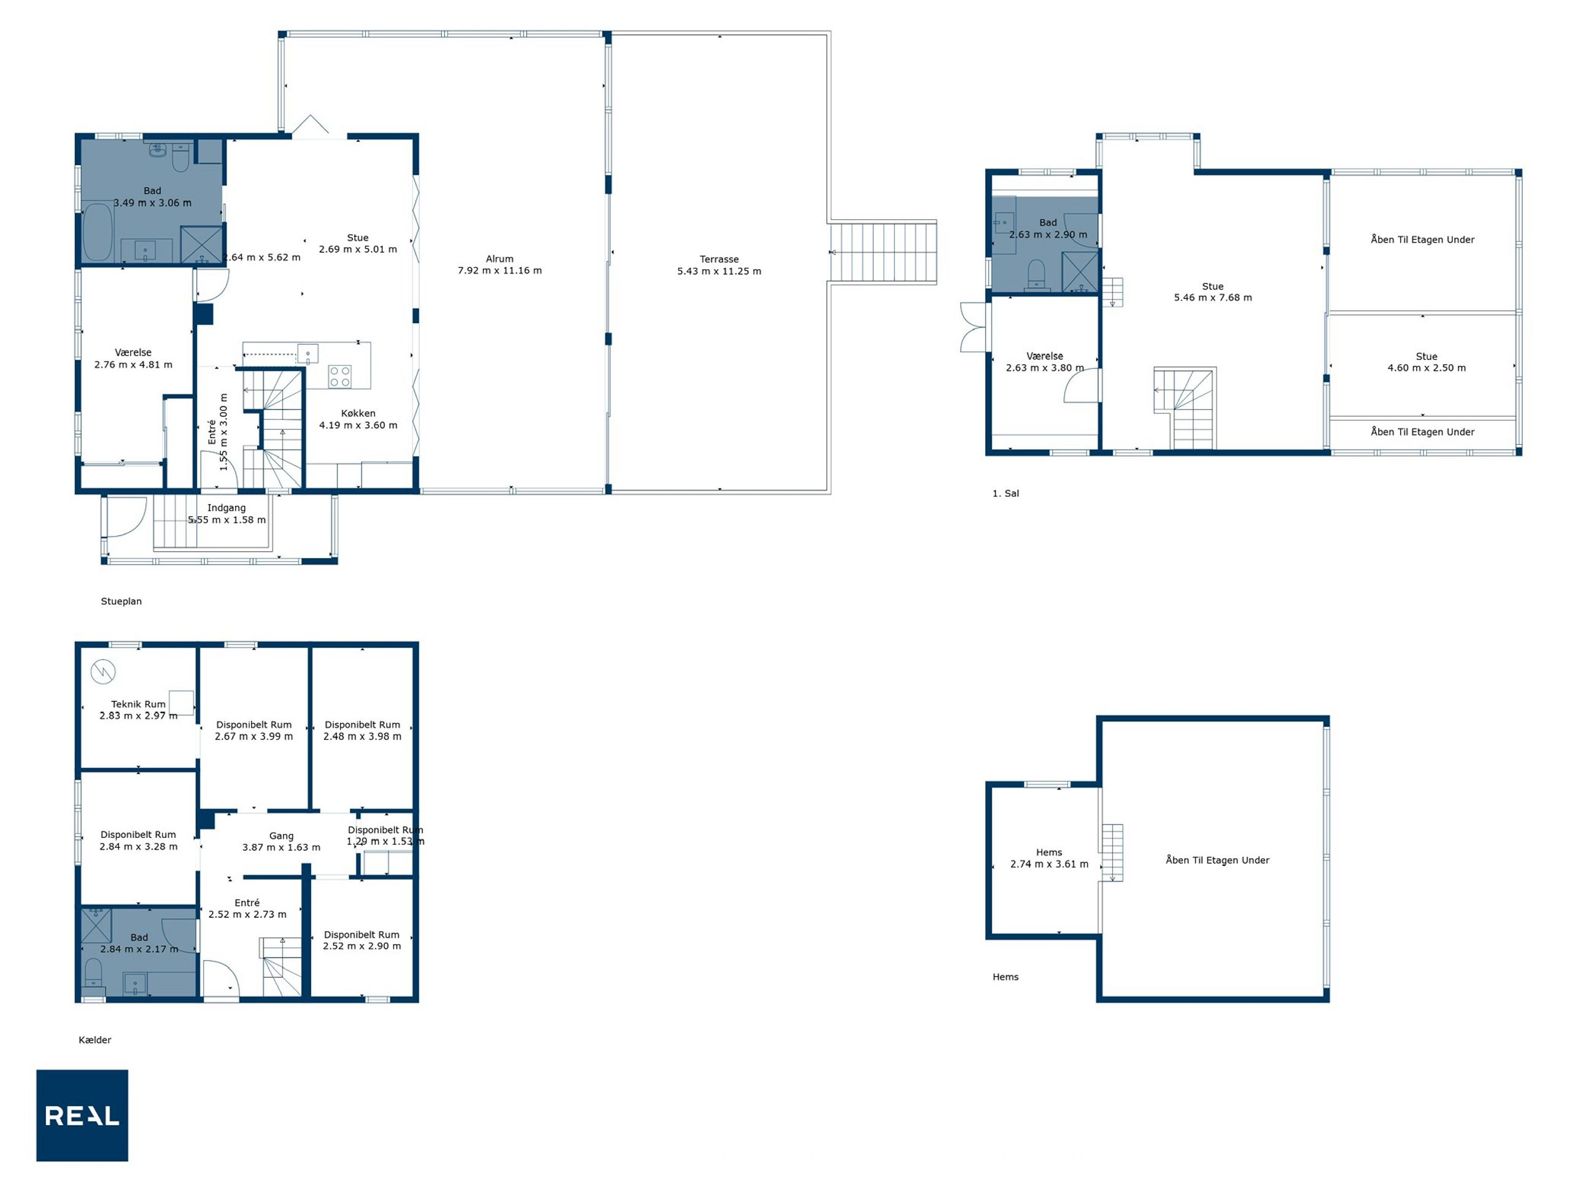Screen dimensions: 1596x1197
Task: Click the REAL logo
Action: [82, 1115]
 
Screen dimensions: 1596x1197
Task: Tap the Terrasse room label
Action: [719, 259]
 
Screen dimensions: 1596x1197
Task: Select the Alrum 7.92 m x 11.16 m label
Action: [499, 265]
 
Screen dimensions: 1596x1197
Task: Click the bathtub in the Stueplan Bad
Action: [98, 232]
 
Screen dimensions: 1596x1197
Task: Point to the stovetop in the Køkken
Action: [340, 377]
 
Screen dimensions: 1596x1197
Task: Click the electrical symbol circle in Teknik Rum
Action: [103, 672]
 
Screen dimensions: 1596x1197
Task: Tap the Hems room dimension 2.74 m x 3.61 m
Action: [1049, 864]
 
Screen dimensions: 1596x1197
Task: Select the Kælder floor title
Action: [95, 1040]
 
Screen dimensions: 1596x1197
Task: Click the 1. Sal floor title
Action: [1005, 494]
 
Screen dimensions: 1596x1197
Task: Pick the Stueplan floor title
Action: [121, 601]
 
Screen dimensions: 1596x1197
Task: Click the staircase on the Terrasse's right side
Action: [883, 252]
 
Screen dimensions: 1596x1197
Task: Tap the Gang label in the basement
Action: [281, 835]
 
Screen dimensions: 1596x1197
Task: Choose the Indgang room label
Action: [227, 508]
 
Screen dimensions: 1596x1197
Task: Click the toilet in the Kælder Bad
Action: [94, 974]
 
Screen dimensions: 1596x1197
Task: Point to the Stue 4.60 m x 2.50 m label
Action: [1427, 362]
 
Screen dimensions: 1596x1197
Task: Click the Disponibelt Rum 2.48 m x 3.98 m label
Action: [362, 730]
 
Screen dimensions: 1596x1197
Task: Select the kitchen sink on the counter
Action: [308, 354]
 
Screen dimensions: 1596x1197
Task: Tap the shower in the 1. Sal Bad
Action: [1079, 271]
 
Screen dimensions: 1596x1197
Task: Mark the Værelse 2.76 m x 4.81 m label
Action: [133, 358]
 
